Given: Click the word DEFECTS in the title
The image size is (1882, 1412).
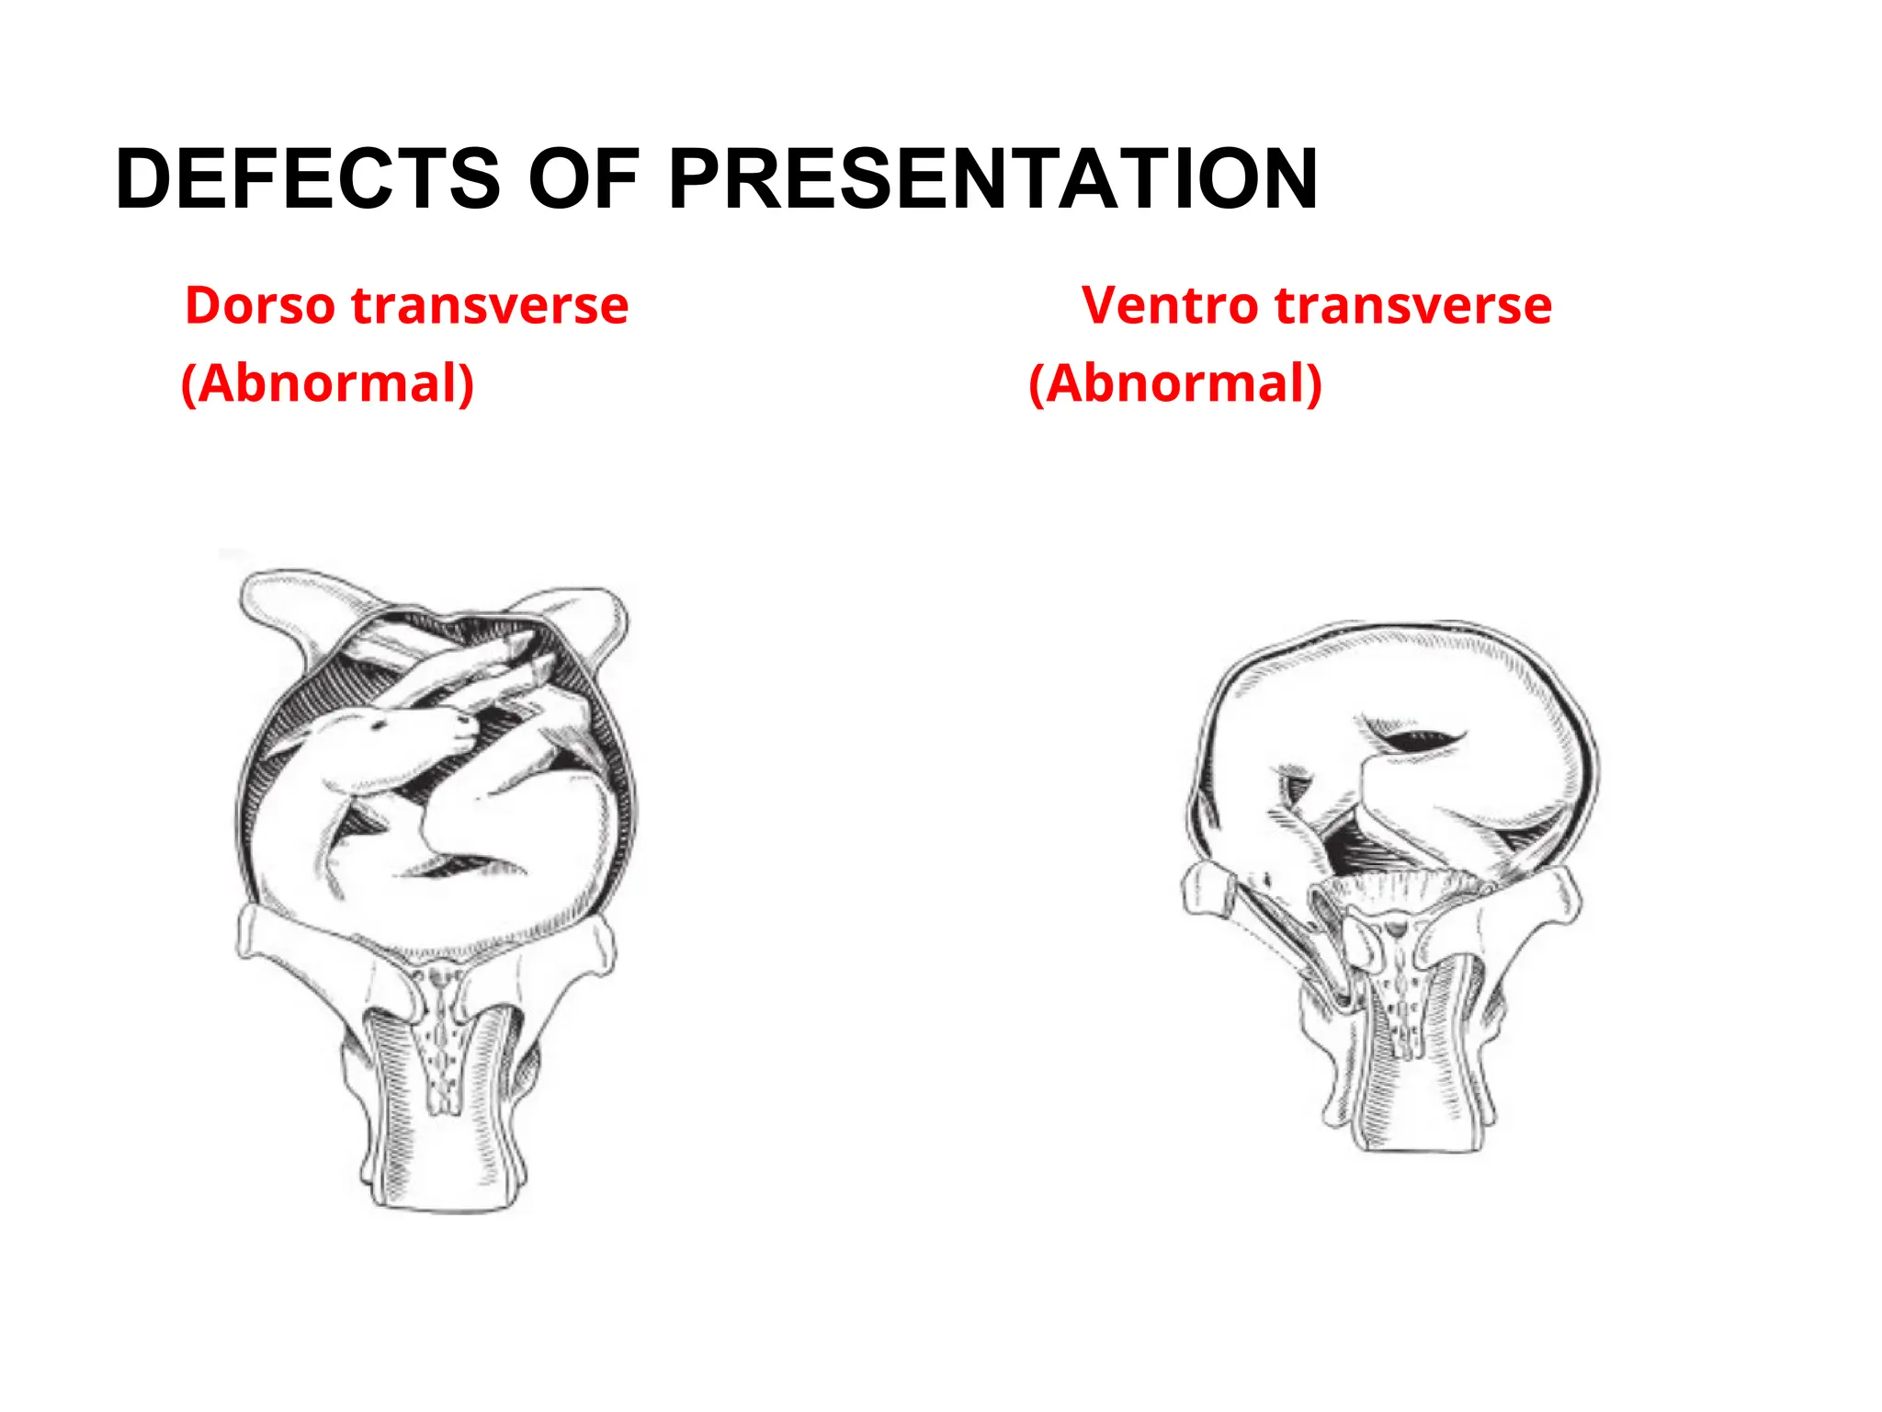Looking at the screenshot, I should click(308, 178).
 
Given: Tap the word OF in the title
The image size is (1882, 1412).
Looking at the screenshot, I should click(583, 178).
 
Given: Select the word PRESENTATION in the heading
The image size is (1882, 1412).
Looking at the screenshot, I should click(992, 178).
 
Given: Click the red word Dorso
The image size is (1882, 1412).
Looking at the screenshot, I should click(260, 305).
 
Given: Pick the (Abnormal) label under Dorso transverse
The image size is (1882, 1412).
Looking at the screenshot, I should click(328, 383).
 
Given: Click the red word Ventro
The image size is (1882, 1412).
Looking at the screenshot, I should click(1170, 305).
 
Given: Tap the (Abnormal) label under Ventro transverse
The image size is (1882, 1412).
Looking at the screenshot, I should click(1175, 383).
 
